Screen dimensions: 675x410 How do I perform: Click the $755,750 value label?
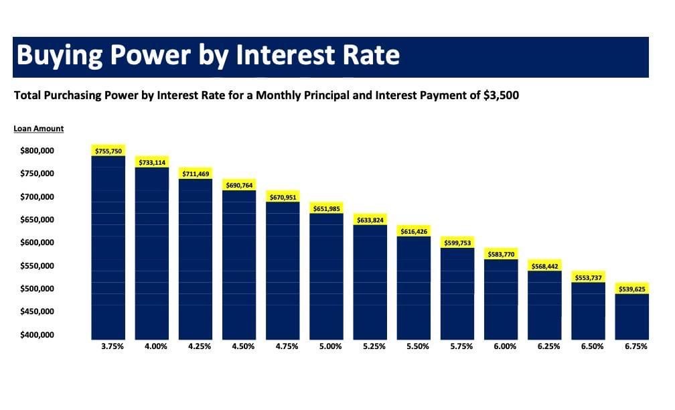108,151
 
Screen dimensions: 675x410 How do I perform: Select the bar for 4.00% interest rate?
152,253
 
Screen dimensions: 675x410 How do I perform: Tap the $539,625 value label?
632,289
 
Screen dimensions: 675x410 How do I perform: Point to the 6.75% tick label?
636,346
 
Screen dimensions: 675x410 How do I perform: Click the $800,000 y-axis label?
37,151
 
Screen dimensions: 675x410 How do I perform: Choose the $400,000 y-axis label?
37,335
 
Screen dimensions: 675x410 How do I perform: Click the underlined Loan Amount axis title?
39,129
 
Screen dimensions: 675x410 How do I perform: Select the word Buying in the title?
60,55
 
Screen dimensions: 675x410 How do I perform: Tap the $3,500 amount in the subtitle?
501,95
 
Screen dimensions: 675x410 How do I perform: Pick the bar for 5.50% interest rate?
414,287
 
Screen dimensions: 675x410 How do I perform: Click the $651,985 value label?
327,208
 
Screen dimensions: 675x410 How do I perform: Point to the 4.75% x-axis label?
287,346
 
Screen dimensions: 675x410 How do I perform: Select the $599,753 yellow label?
457,243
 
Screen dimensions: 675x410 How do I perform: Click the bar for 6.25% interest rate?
544,305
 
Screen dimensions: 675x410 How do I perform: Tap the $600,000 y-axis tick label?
37,243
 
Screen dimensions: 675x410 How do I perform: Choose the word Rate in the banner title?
371,55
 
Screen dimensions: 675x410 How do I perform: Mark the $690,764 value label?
239,185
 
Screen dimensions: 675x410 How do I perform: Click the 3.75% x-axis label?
112,346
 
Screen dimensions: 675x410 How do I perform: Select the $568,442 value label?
544,266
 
